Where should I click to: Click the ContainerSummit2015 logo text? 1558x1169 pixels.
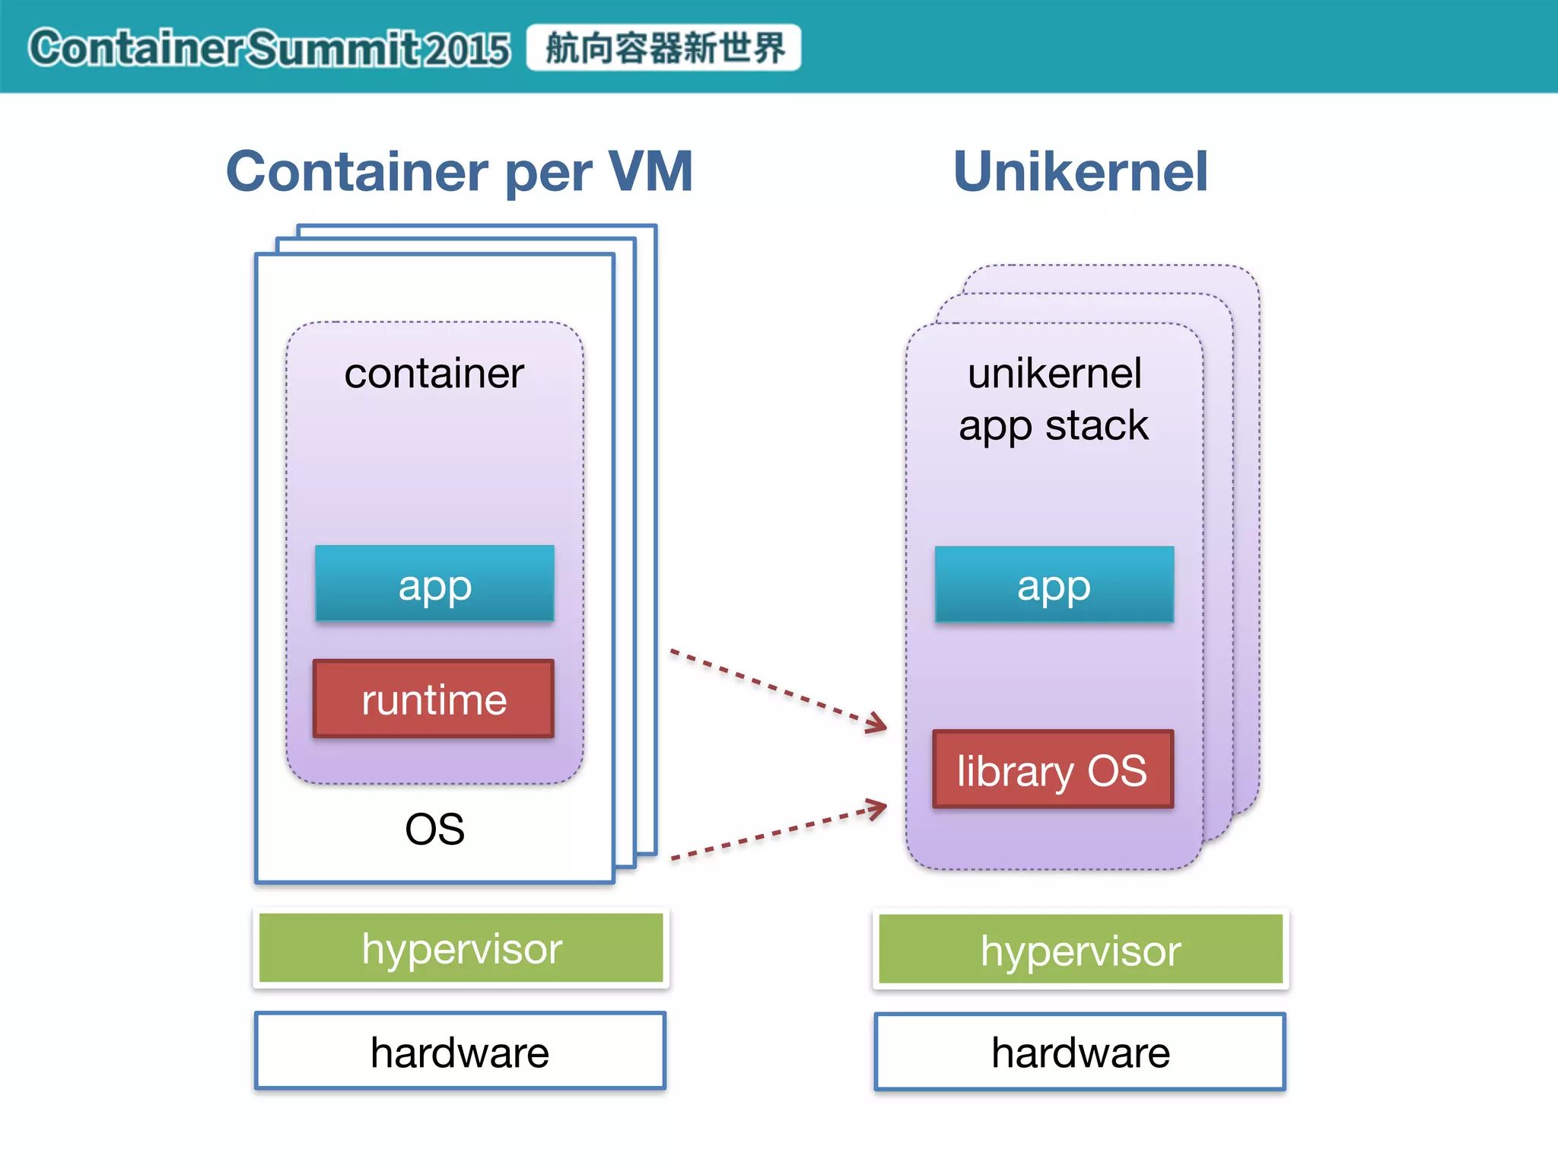(268, 49)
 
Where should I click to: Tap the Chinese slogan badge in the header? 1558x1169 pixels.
(663, 48)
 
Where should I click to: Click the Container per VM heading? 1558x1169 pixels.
(459, 171)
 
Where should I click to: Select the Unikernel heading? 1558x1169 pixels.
(1080, 171)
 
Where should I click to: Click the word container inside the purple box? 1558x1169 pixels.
(434, 374)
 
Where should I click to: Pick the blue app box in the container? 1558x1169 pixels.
(434, 584)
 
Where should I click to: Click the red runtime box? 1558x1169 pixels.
(434, 699)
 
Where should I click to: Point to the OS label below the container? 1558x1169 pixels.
(434, 829)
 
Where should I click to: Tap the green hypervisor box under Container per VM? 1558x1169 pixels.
(461, 948)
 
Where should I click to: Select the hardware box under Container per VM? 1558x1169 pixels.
(460, 1052)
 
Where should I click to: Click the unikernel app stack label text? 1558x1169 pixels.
(1054, 399)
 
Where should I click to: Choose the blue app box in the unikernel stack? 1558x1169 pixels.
(1054, 584)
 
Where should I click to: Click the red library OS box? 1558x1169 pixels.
(1053, 769)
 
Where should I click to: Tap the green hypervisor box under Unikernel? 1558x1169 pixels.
(1080, 949)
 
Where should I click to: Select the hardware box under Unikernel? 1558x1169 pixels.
(1080, 1053)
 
